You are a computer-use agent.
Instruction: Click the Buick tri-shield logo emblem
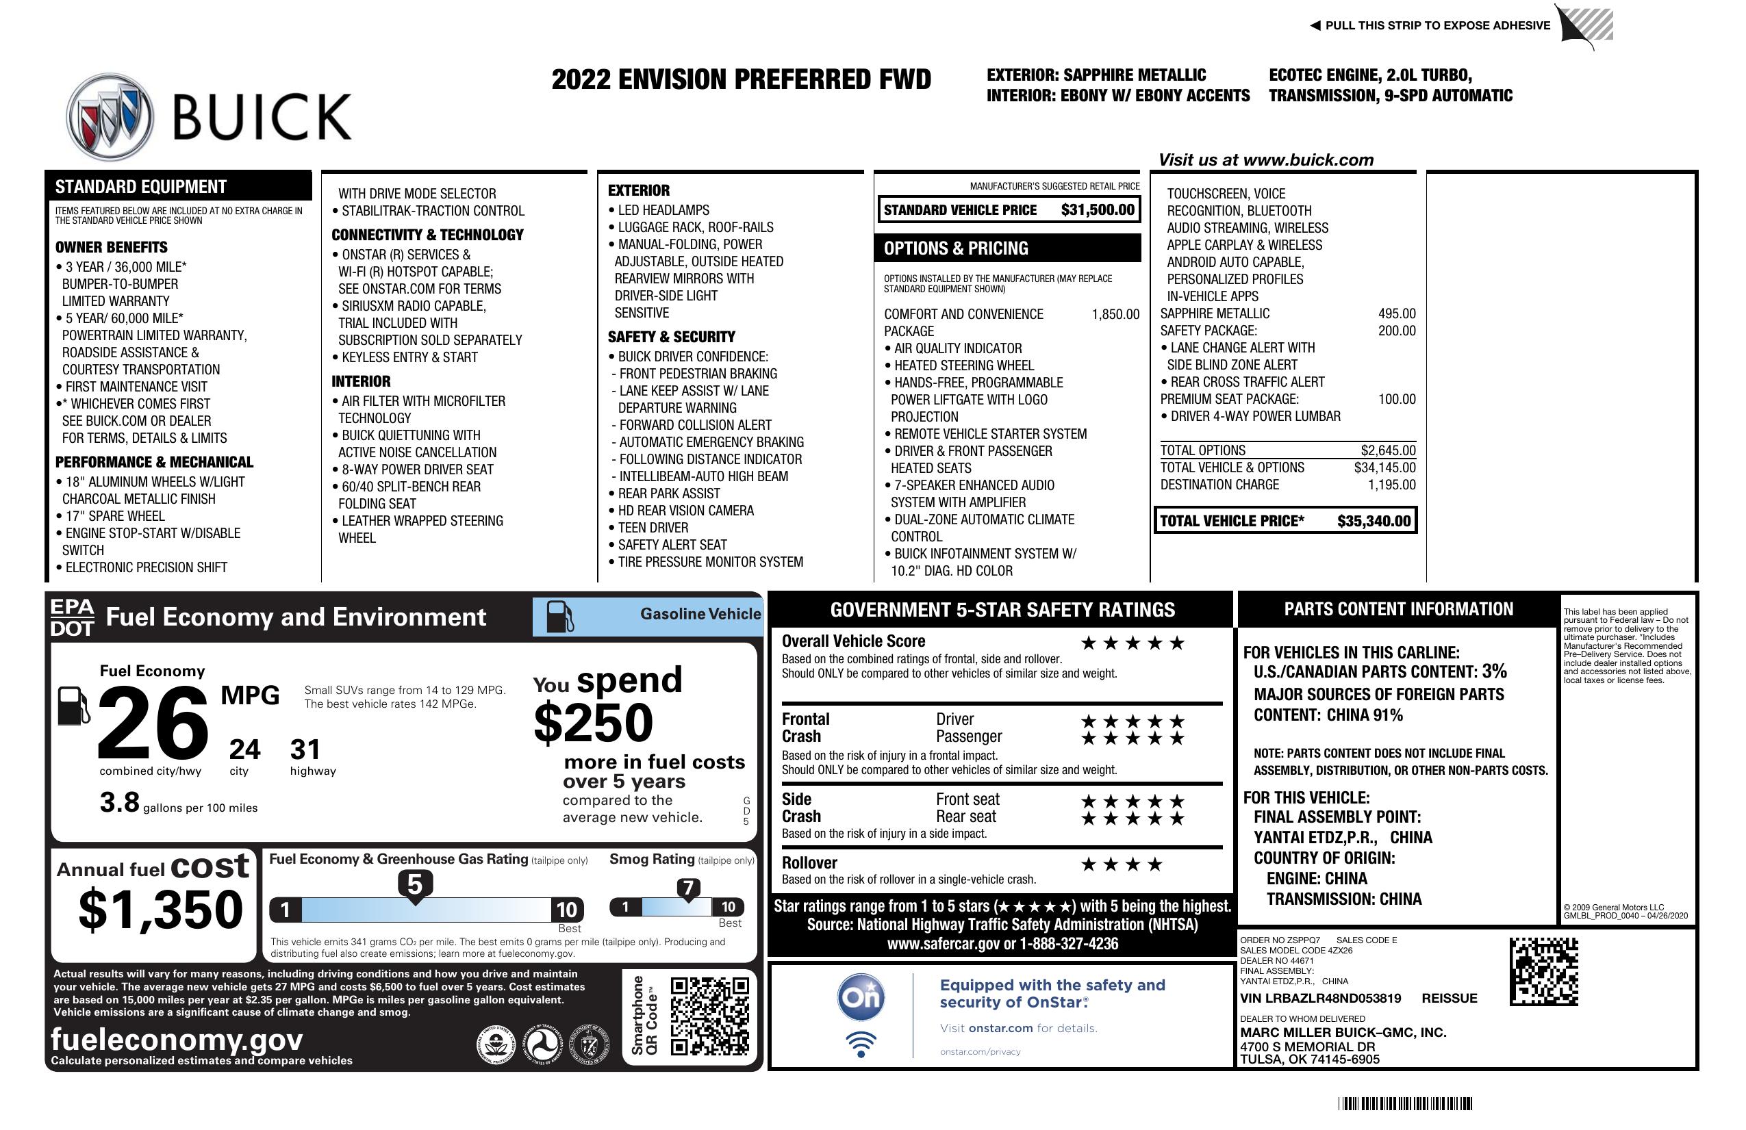[110, 116]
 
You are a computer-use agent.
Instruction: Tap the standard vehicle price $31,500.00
[1097, 209]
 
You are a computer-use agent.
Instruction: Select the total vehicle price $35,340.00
[1373, 521]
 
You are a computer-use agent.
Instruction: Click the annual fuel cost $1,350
[161, 910]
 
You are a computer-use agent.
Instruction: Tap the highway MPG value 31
[305, 749]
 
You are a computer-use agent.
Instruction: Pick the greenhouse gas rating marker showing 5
[414, 885]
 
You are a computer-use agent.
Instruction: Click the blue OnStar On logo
[861, 997]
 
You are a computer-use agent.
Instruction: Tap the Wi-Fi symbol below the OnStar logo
[861, 1044]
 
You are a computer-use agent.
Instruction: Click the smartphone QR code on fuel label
[709, 1016]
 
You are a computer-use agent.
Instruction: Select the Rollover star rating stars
[1121, 864]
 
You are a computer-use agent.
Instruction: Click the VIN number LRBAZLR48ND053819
[1320, 998]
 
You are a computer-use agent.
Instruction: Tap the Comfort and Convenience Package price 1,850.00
[1115, 315]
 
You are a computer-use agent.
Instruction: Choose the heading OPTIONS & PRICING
[955, 248]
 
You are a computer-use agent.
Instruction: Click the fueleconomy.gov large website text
[177, 1039]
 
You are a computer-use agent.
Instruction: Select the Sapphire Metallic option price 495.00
[1396, 313]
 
